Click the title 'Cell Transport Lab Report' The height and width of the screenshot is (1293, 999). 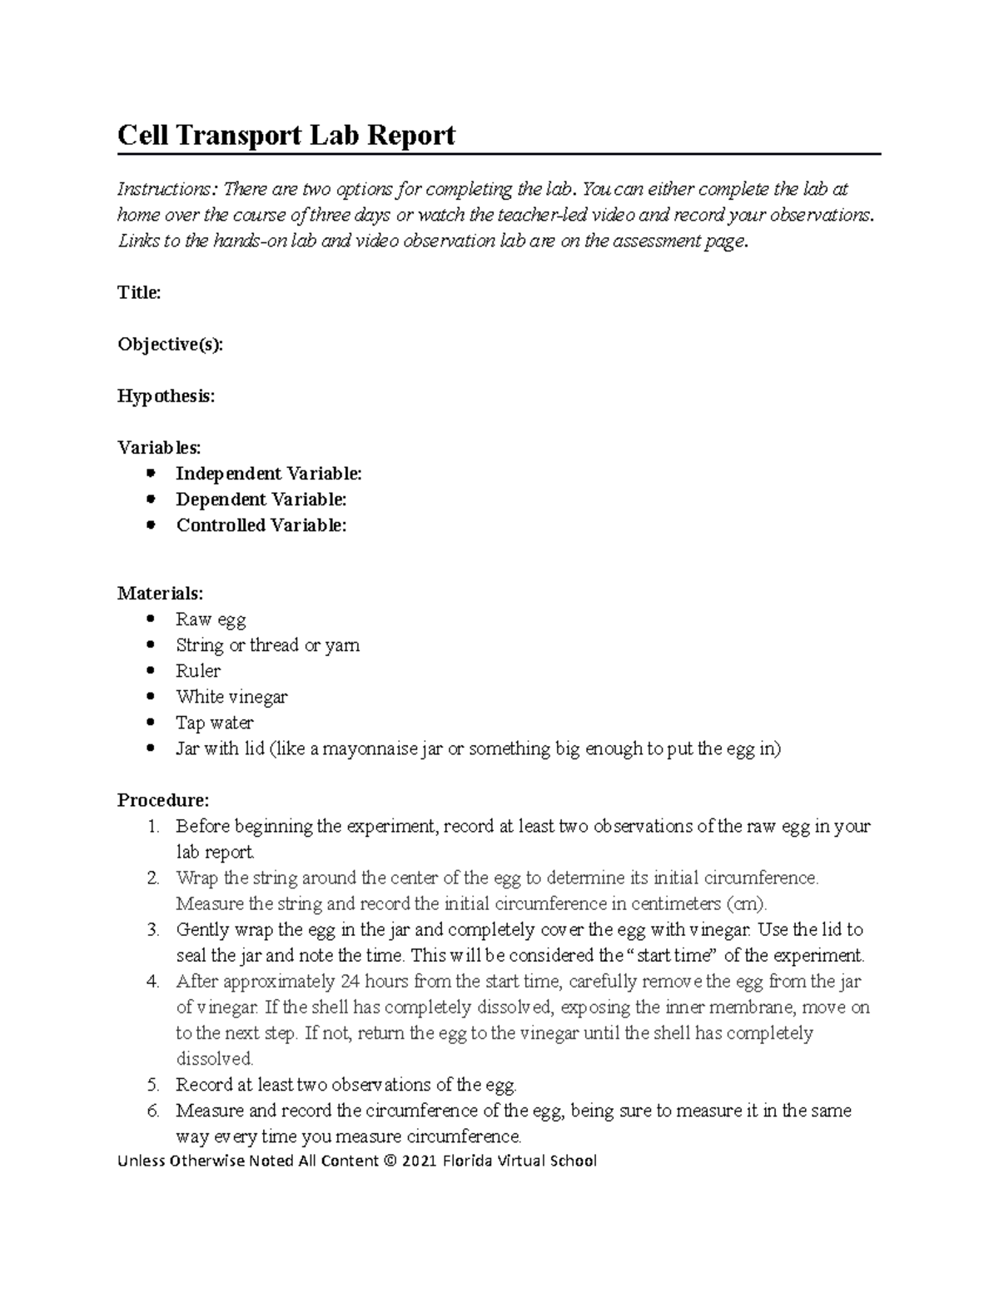(286, 135)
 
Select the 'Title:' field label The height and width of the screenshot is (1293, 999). (139, 292)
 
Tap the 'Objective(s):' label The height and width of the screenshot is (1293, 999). (171, 345)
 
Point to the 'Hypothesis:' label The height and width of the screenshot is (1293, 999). (166, 396)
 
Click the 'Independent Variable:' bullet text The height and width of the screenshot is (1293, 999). (269, 474)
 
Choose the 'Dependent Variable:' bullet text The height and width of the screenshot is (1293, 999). (261, 500)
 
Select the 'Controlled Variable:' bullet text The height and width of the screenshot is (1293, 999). (261, 525)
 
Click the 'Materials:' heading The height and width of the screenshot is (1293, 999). (160, 594)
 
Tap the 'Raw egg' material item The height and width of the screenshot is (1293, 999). (211, 619)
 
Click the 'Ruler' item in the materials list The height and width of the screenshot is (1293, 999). (198, 671)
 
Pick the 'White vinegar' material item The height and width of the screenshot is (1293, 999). (231, 697)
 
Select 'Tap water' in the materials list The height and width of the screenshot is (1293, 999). (214, 723)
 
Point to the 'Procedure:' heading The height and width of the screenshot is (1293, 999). (163, 800)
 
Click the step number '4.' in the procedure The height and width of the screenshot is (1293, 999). (152, 982)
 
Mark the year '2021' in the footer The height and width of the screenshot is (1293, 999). (420, 1161)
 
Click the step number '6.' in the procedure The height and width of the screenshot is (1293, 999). (152, 1111)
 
